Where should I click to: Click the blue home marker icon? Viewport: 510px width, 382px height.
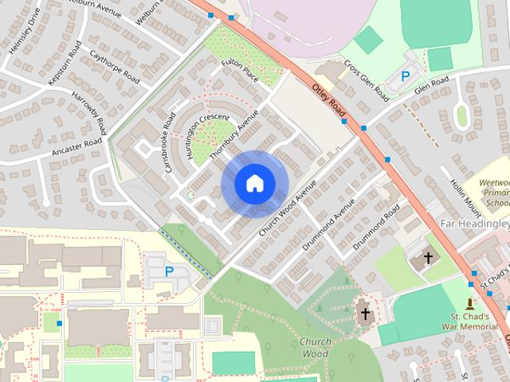[x=254, y=184]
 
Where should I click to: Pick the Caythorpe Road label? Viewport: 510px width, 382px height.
[x=116, y=68]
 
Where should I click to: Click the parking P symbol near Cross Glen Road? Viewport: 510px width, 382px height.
[x=406, y=76]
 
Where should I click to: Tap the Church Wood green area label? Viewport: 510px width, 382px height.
[x=316, y=348]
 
